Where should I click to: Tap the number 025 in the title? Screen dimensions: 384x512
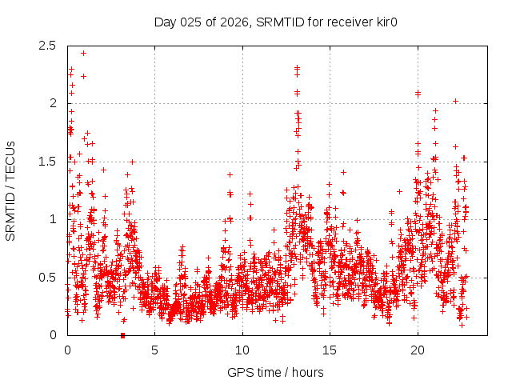190,22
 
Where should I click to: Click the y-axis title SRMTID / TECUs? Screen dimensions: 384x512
11,190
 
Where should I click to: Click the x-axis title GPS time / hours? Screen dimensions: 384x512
275,372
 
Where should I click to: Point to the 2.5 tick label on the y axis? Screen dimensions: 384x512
47,46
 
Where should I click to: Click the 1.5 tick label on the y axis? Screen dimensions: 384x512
47,162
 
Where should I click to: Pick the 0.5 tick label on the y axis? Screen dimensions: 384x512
47,277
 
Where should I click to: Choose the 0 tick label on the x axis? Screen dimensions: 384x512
67,350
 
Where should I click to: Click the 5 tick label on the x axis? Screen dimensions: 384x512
155,350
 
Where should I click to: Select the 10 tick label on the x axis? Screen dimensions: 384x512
242,350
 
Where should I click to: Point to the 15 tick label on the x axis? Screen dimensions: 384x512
330,350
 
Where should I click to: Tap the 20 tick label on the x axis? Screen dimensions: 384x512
418,350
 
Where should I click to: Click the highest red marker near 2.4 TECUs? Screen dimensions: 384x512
83,54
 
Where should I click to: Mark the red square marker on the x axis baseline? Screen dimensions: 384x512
122,335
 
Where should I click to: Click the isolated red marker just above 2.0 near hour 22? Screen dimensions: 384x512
455,101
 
